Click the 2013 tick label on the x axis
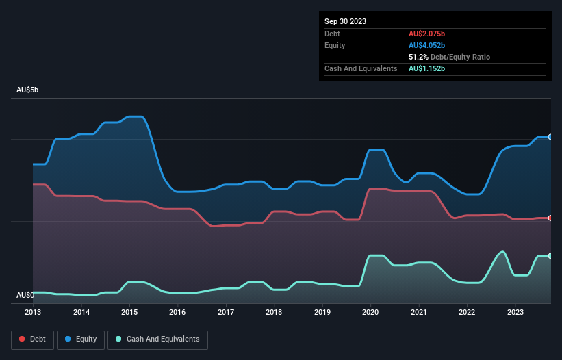click(x=33, y=313)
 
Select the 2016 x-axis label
click(x=177, y=313)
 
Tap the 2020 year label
click(x=370, y=313)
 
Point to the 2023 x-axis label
click(x=515, y=313)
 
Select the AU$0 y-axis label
click(x=25, y=296)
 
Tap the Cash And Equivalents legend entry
click(x=157, y=339)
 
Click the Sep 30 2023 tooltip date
click(x=345, y=21)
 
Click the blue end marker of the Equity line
click(x=550, y=137)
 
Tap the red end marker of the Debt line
click(x=550, y=218)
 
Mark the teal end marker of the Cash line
click(x=550, y=256)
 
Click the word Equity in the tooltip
click(x=335, y=45)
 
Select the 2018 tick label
click(x=274, y=313)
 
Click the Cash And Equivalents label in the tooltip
click(x=361, y=69)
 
